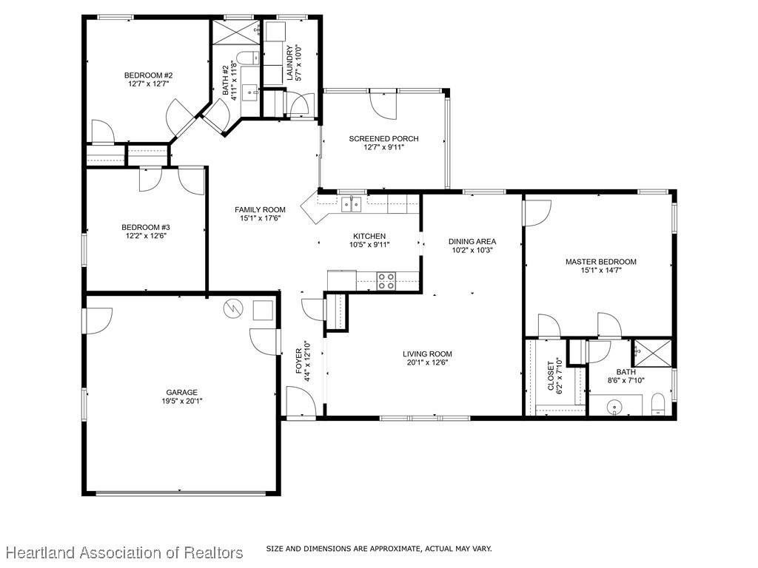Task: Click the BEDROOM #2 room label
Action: pos(148,75)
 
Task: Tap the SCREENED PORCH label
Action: pos(384,138)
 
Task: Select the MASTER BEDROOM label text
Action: pos(601,262)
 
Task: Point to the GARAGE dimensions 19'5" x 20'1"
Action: pos(182,401)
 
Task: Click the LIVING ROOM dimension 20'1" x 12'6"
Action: pos(427,362)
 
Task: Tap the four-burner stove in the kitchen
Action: pos(386,281)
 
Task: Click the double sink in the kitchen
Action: pos(352,204)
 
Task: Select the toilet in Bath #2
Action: pos(249,58)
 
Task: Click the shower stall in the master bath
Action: pos(653,354)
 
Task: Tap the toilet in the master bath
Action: pos(658,404)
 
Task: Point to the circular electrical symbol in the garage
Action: pos(232,308)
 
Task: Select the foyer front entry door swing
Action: pos(301,401)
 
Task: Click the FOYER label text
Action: pos(299,361)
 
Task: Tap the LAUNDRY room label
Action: pos(289,63)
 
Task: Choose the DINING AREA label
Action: pos(472,242)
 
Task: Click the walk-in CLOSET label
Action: pos(551,376)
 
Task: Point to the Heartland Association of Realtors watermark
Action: pos(124,552)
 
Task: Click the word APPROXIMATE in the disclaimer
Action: pos(395,549)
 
